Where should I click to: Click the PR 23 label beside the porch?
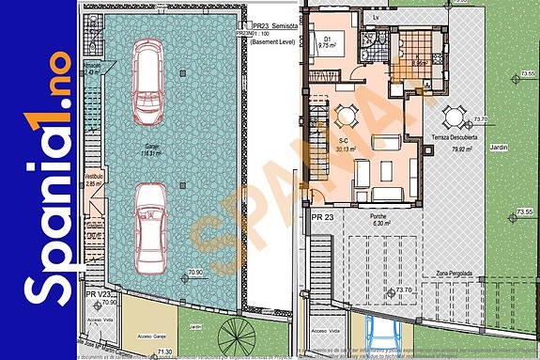tap(323, 217)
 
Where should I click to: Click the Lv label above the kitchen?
tap(376, 17)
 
